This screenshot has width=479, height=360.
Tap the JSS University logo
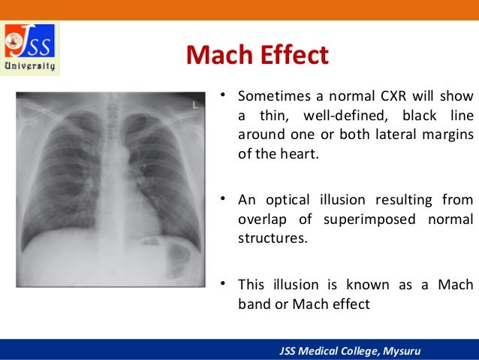point(31,48)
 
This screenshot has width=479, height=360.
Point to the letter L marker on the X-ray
point(195,105)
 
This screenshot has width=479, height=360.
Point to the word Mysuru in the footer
point(404,350)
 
